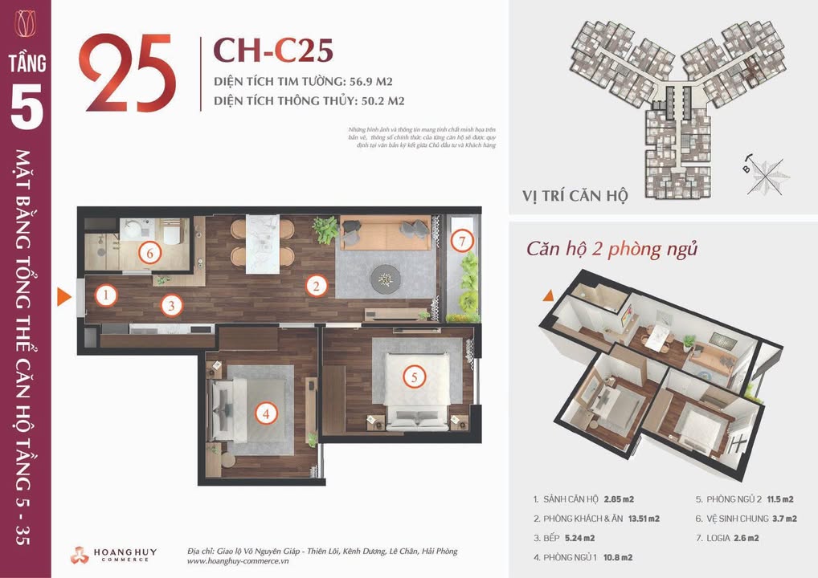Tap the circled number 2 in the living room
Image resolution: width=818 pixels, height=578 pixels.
coord(317,285)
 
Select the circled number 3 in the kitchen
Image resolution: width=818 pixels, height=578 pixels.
coord(170,305)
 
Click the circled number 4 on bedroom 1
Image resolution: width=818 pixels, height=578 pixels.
coord(266,414)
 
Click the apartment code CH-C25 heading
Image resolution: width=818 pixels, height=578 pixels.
coord(272,50)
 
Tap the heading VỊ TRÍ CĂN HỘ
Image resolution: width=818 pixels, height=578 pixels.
coord(573,195)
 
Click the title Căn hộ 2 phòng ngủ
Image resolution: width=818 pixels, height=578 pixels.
coord(611,249)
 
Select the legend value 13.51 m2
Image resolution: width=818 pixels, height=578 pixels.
coord(640,519)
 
